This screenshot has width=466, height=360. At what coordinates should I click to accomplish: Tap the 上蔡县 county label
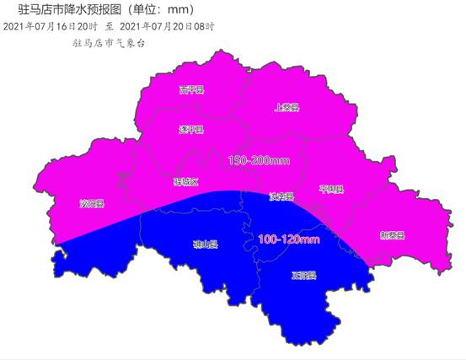click(x=287, y=107)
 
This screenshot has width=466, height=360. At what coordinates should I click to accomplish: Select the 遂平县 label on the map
click(x=191, y=130)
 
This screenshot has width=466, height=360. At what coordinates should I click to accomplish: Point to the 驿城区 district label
click(x=185, y=182)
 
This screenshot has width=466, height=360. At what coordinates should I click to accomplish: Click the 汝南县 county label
click(x=281, y=197)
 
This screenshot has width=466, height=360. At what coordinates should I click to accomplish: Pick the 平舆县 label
click(x=332, y=190)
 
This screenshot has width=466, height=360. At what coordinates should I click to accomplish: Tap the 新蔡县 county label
click(x=392, y=235)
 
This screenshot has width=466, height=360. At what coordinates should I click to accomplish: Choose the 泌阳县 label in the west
click(x=91, y=204)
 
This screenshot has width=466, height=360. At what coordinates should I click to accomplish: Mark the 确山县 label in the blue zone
click(x=205, y=245)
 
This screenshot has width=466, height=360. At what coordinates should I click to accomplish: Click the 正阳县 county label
click(x=303, y=276)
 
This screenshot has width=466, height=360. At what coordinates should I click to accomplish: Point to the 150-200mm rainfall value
click(x=258, y=160)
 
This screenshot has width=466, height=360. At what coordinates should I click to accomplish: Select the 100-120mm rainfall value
click(x=288, y=240)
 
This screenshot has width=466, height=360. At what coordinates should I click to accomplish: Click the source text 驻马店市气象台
click(x=110, y=43)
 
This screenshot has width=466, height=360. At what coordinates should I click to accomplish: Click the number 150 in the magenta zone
click(x=238, y=160)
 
